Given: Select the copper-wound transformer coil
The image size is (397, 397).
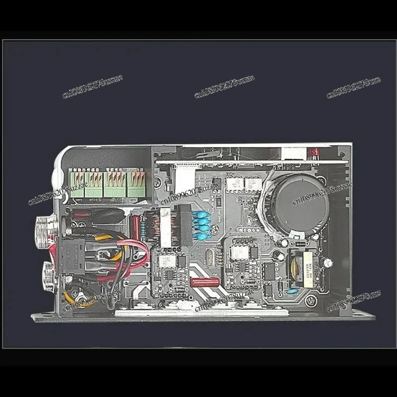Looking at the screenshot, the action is click(x=160, y=229).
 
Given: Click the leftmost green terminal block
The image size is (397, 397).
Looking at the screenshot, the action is click(x=77, y=184).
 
